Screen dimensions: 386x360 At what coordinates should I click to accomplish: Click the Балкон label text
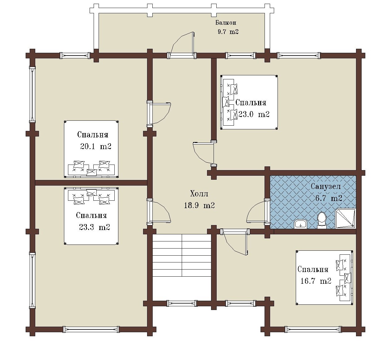tap(226, 23)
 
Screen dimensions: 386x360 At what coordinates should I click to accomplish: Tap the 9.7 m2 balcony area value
tap(228, 31)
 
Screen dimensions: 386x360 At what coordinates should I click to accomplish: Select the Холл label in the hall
tap(199, 194)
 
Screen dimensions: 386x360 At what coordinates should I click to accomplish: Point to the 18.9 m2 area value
tap(199, 205)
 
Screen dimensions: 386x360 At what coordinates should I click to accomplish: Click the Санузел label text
tap(326, 186)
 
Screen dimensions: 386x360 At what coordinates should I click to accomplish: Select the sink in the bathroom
tap(300, 224)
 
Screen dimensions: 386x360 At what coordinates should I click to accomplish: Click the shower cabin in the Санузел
tap(346, 218)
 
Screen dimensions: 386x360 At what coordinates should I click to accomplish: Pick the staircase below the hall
tap(182, 255)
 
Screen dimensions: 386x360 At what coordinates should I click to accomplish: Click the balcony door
tap(182, 45)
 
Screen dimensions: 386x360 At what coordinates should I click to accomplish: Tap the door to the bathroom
tap(258, 212)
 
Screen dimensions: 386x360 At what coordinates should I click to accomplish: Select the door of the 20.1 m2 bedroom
tap(159, 114)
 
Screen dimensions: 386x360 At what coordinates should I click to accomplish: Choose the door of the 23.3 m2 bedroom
tap(159, 211)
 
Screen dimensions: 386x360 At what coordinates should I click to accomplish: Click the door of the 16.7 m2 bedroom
tap(235, 242)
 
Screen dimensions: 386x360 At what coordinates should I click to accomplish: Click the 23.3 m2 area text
tap(95, 227)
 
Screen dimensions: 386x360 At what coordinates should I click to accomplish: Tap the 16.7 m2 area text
tap(316, 281)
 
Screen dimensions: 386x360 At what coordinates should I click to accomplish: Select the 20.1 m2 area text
tap(95, 146)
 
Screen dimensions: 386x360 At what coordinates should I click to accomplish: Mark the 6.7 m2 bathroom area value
tap(329, 198)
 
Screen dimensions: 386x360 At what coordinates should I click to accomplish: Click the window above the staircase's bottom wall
tap(182, 303)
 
